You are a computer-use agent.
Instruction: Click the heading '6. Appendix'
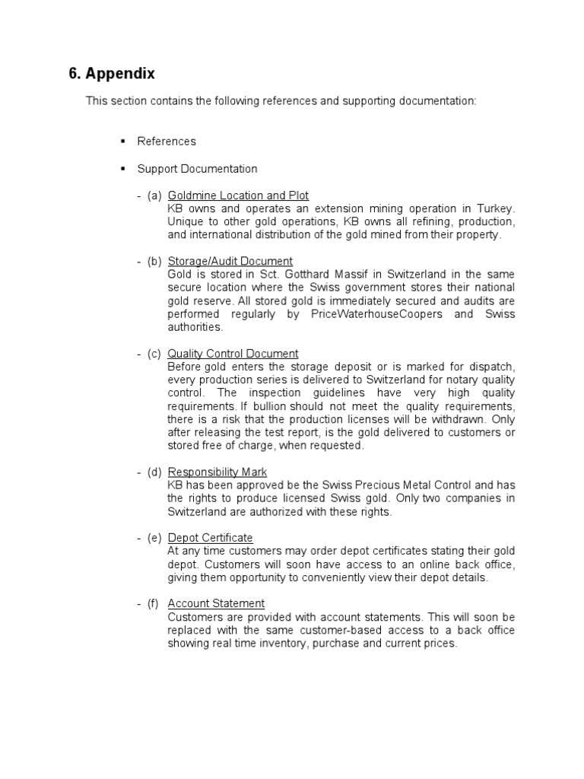pyautogui.click(x=112, y=74)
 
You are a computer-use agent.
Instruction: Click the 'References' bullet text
pyautogui.click(x=167, y=141)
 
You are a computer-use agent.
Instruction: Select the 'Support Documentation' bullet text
pyautogui.click(x=197, y=169)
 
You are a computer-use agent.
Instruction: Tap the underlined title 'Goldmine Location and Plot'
pyautogui.click(x=238, y=196)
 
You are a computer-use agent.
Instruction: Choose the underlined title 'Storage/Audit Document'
pyautogui.click(x=230, y=261)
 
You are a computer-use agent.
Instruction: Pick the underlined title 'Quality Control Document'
pyautogui.click(x=233, y=354)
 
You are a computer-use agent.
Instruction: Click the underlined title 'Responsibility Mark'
pyautogui.click(x=217, y=472)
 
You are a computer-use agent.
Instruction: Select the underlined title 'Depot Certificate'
pyautogui.click(x=210, y=538)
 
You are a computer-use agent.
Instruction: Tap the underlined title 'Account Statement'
pyautogui.click(x=216, y=603)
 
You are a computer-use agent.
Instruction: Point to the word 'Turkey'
pyautogui.click(x=496, y=208)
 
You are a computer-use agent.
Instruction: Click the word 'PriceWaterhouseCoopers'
pyautogui.click(x=376, y=314)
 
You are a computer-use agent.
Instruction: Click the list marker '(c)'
pyautogui.click(x=154, y=354)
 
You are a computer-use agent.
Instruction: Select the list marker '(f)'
pyautogui.click(x=154, y=603)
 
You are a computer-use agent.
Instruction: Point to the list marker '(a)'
pyautogui.click(x=154, y=196)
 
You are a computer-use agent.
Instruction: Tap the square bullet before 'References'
pyautogui.click(x=122, y=141)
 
